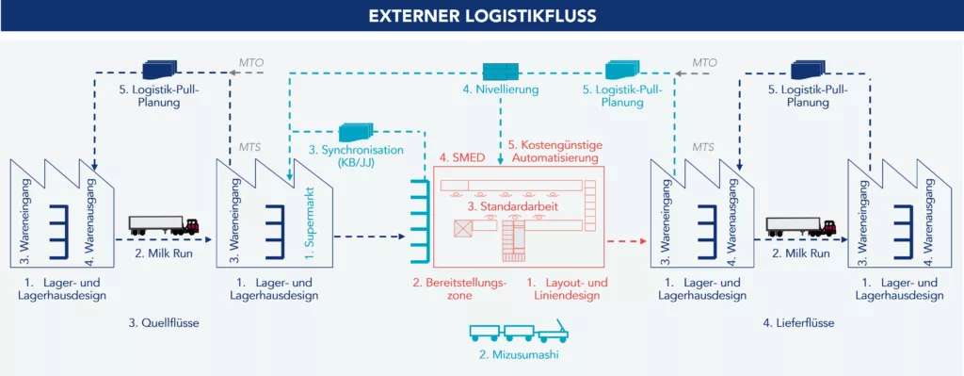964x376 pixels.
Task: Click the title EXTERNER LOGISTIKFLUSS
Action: click(481, 16)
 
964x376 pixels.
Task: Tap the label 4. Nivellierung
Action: click(500, 90)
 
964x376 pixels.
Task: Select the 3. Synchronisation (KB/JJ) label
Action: click(355, 155)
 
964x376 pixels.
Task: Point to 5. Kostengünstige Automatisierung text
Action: click(554, 153)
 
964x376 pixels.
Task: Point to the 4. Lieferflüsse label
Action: click(798, 323)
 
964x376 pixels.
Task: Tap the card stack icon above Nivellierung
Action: click(501, 71)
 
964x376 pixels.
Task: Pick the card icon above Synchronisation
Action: click(356, 132)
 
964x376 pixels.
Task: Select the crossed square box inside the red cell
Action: click(463, 229)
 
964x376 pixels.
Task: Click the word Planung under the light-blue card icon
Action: click(613, 103)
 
